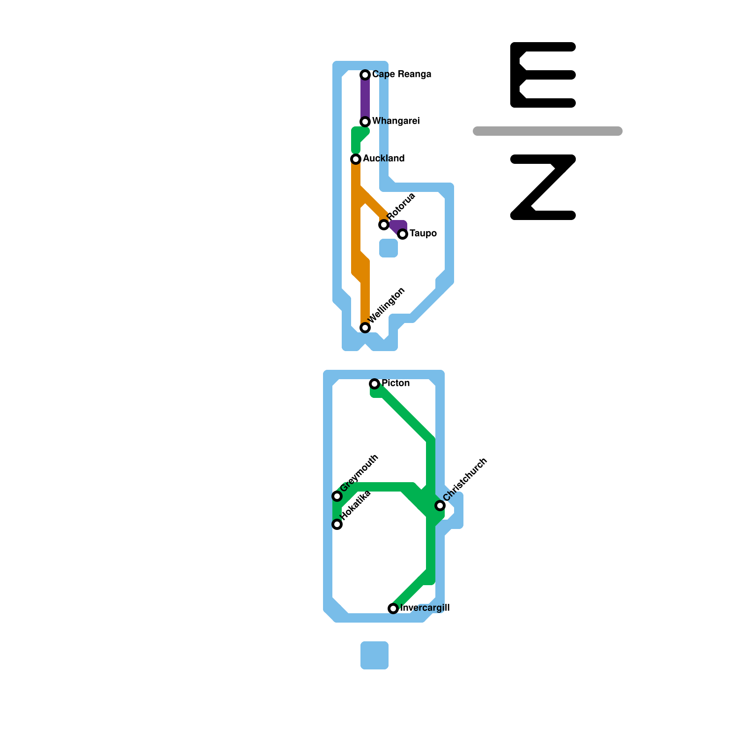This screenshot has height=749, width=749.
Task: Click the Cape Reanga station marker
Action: (x=365, y=75)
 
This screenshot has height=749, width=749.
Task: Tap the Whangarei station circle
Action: (x=365, y=122)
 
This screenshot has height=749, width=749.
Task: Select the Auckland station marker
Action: (x=356, y=159)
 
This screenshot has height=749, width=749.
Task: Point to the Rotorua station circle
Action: (x=384, y=225)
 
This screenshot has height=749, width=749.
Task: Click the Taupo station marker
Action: (x=403, y=234)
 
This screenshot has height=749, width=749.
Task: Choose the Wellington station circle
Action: (x=365, y=328)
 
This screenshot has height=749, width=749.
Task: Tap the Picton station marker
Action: (x=374, y=384)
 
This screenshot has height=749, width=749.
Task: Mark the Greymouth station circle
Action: (x=337, y=496)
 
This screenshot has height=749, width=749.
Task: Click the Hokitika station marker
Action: (x=337, y=524)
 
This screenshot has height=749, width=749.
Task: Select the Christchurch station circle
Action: (x=440, y=506)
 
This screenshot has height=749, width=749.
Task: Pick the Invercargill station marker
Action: (x=393, y=609)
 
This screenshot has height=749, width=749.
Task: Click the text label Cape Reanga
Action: (x=402, y=74)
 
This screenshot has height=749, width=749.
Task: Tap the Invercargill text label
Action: (x=425, y=608)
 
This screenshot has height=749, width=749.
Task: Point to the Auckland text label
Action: (x=383, y=159)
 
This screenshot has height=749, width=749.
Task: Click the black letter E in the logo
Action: (x=543, y=75)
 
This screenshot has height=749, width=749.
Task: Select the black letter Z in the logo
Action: (x=543, y=187)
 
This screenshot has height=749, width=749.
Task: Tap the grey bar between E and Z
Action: (x=548, y=131)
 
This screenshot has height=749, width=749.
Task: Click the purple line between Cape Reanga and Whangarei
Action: (x=365, y=98)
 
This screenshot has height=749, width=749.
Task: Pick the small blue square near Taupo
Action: (x=389, y=248)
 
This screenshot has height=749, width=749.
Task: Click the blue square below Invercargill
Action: (x=374, y=655)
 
